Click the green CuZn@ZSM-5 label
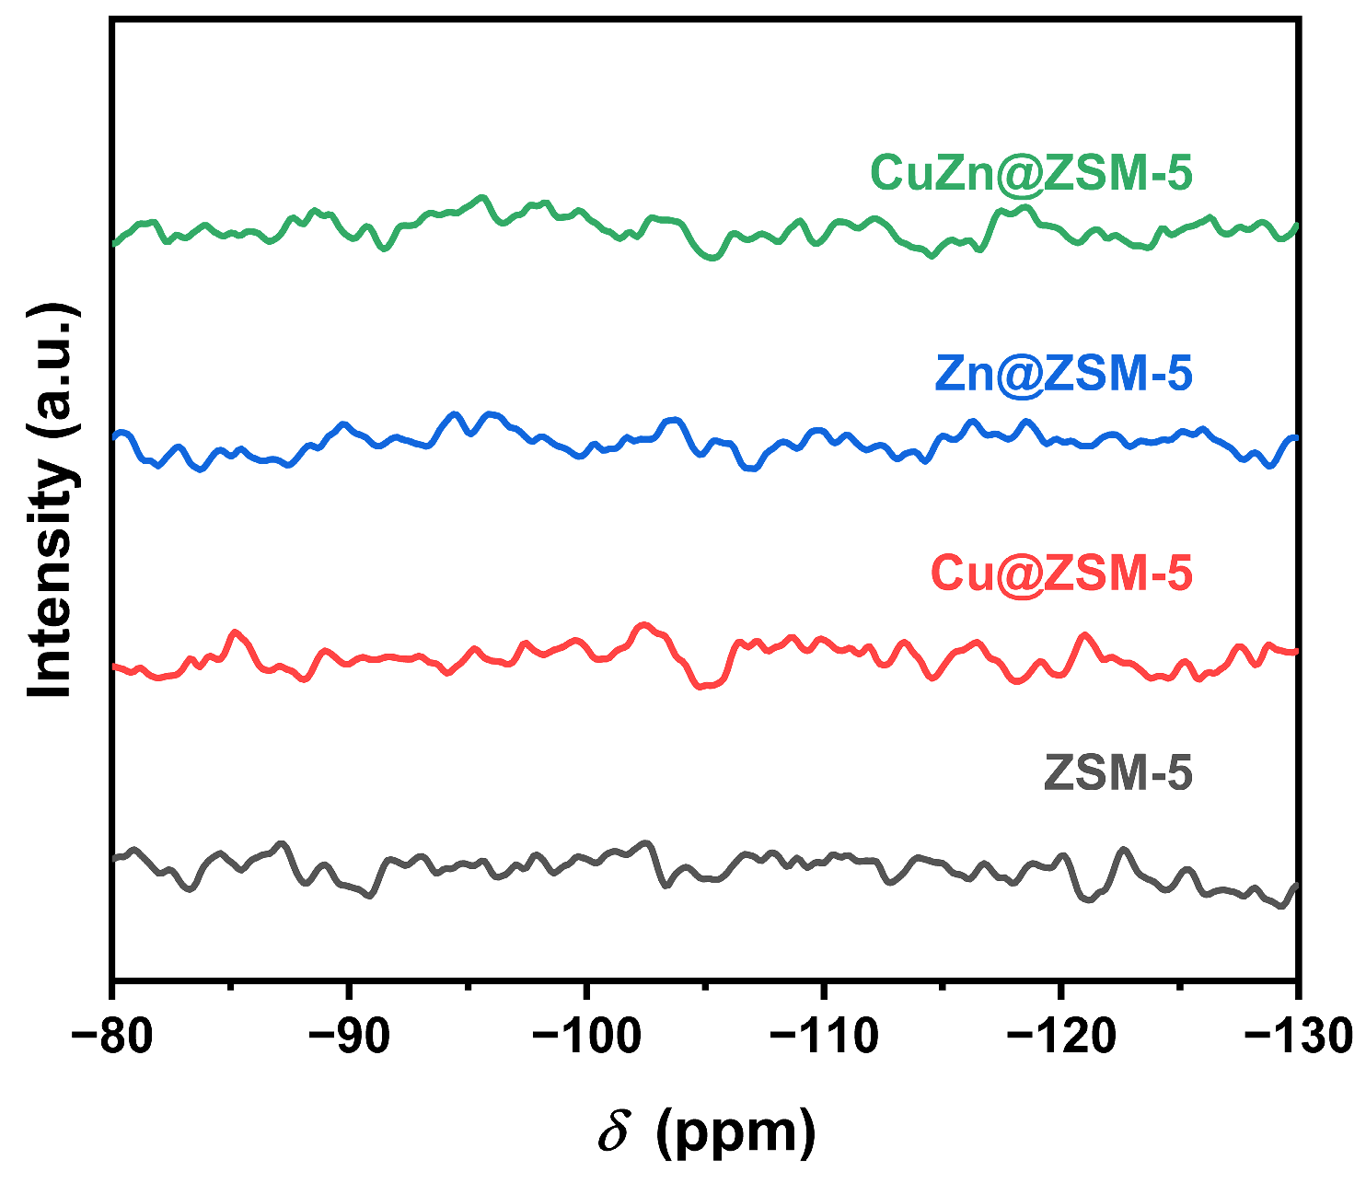(1031, 173)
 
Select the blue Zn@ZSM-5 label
(1063, 374)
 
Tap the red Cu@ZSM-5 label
(1061, 574)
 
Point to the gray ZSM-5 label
(1118, 773)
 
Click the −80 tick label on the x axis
(112, 1037)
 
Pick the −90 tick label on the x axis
(349, 1037)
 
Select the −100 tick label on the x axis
(585, 1037)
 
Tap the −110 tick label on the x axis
(823, 1037)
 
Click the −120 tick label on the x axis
(1060, 1037)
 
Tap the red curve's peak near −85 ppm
(237, 632)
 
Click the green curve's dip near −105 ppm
(711, 258)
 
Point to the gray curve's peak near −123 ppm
(1123, 849)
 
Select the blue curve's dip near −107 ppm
(752, 469)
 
